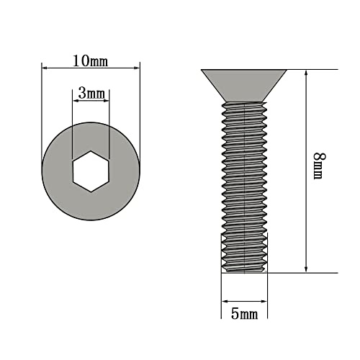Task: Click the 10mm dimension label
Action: pos(91,61)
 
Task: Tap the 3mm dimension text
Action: pos(91,94)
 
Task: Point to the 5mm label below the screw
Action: pos(244,315)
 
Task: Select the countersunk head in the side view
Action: pos(244,84)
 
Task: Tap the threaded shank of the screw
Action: pos(244,180)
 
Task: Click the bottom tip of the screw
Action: pos(244,271)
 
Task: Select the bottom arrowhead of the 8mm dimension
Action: pos(307,269)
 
